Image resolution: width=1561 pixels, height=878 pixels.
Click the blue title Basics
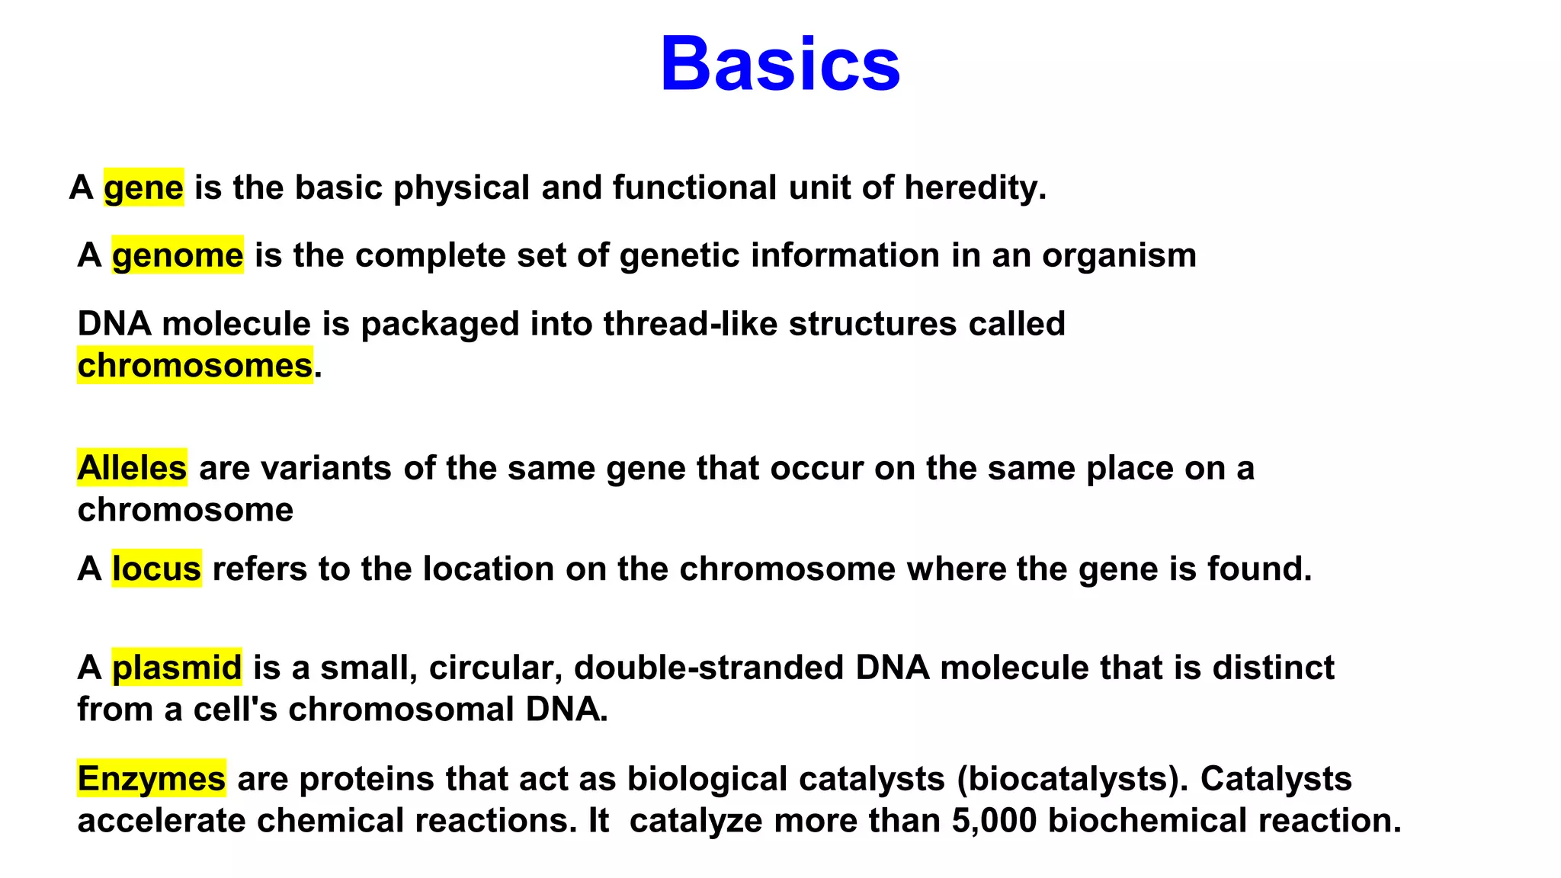click(780, 64)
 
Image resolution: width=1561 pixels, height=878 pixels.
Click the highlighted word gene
click(143, 187)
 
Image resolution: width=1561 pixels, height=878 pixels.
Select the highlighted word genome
click(178, 255)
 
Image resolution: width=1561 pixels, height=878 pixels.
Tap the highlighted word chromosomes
click(195, 366)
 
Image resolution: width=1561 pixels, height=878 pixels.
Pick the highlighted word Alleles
click(132, 468)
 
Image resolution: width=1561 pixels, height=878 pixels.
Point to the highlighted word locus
click(156, 569)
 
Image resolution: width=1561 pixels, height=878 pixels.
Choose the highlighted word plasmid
click(177, 668)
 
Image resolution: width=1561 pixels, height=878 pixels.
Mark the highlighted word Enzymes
click(152, 779)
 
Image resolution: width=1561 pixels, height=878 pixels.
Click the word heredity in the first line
click(974, 187)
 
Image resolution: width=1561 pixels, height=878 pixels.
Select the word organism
click(1119, 255)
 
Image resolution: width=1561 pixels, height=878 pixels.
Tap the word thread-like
click(690, 324)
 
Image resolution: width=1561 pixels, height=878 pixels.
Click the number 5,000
click(994, 821)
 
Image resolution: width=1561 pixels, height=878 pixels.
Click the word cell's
click(235, 710)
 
